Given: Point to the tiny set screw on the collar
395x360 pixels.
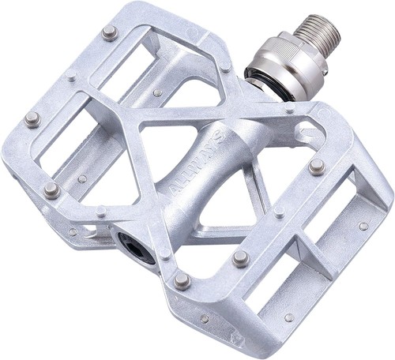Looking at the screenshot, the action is [326, 71].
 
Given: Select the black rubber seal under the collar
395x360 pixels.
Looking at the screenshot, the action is [263, 81].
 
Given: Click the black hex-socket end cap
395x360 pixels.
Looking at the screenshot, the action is [136, 246].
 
